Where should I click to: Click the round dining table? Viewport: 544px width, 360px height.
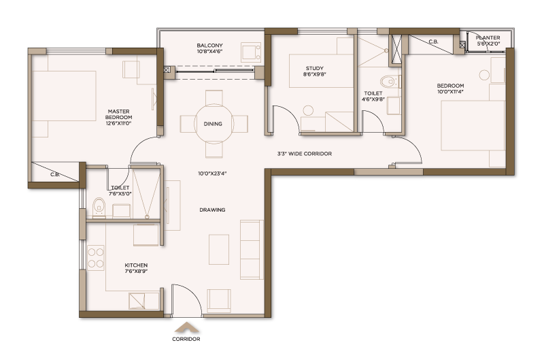tap(214, 124)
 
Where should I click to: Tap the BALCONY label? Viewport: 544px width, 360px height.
tap(209, 46)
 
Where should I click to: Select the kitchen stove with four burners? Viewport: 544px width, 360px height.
tap(95, 258)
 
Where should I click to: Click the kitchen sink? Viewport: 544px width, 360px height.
tap(137, 301)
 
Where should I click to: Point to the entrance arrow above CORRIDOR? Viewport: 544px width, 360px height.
tap(186, 327)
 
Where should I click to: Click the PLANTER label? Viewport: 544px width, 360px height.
tap(488, 37)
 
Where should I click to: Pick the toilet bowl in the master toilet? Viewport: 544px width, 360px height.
tap(99, 208)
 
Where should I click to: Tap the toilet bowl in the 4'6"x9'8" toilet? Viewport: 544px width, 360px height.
tap(389, 82)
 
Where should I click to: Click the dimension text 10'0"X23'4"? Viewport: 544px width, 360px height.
tap(212, 174)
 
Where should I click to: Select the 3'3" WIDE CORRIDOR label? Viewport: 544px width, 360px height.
tap(304, 153)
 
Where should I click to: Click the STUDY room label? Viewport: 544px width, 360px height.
tap(315, 68)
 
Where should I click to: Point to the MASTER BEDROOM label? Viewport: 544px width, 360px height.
tap(118, 114)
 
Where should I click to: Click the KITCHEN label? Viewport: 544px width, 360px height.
tap(136, 265)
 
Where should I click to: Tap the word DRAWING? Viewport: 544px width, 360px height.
tap(212, 210)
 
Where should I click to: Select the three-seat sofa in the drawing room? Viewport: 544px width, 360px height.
tap(252, 250)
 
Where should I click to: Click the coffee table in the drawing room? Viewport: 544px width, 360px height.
tap(218, 249)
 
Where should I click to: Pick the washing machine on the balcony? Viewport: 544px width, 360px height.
tap(251, 52)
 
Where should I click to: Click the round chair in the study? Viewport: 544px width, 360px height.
tap(308, 110)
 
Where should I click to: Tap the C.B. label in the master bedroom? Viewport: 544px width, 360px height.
tap(55, 174)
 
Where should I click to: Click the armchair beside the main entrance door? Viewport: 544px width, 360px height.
tap(219, 301)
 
